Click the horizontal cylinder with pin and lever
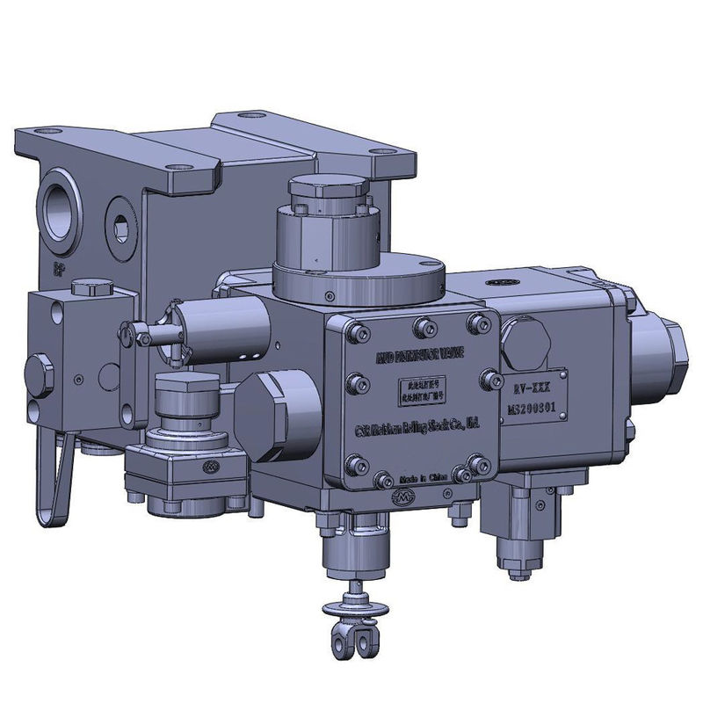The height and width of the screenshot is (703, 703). [x=220, y=330]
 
